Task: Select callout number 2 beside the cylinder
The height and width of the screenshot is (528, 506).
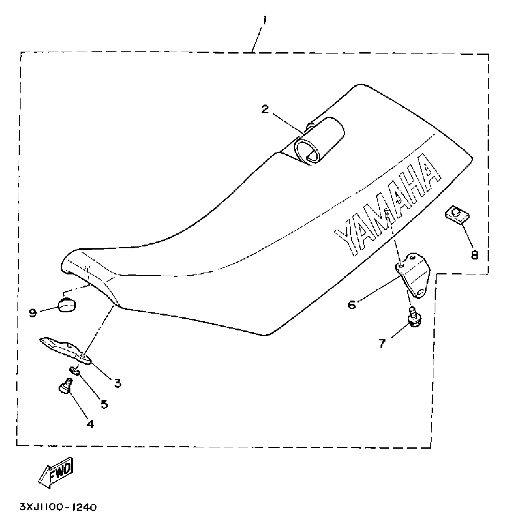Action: (x=265, y=109)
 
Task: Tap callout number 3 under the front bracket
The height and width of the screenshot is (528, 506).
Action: (x=118, y=383)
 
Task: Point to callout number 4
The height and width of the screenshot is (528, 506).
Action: (x=90, y=424)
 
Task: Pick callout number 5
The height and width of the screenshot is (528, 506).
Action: (x=104, y=404)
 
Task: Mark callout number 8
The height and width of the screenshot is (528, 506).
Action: (x=474, y=254)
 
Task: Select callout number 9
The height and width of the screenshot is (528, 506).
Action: (x=33, y=313)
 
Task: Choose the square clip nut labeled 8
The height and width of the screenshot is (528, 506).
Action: (x=455, y=215)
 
